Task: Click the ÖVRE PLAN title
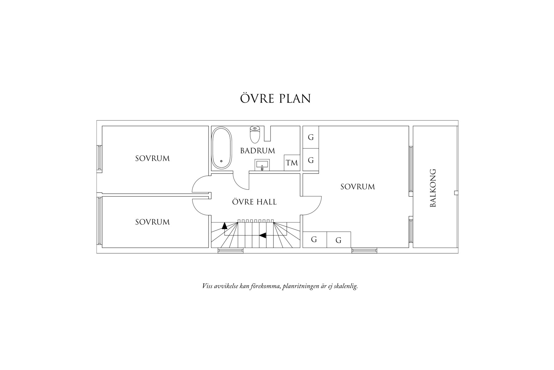coord(275,99)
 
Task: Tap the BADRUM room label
coord(258,151)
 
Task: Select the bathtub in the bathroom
coord(222,148)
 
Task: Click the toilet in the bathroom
coord(255,134)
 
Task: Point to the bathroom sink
coord(262,165)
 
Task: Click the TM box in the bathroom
coord(292,163)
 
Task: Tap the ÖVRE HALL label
coord(254,202)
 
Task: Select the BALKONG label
coord(433,188)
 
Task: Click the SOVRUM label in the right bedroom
coord(358,187)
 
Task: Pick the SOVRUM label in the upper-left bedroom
coord(153,158)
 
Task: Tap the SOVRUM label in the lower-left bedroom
coord(153,222)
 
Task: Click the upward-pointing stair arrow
coord(224,226)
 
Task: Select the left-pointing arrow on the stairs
coord(263,235)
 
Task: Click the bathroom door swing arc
coord(240,182)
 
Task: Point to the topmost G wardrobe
coord(311,137)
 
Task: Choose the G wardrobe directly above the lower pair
coord(311,160)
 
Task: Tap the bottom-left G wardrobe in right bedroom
coord(314,239)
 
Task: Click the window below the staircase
coord(231,250)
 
